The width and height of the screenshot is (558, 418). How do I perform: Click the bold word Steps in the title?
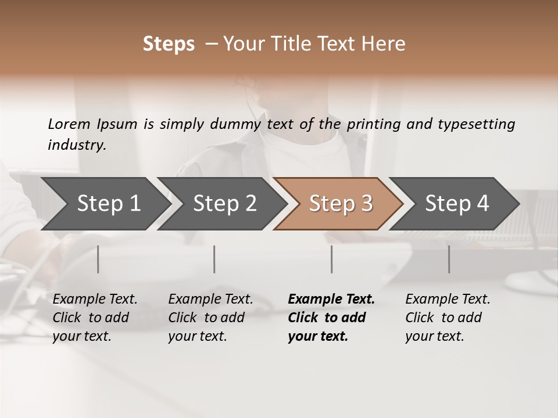coord(169,44)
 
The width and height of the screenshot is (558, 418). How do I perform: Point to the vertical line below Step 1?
coord(98,259)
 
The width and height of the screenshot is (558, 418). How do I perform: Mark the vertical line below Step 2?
coord(214,259)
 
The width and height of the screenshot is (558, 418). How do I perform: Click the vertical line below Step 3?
coord(332,259)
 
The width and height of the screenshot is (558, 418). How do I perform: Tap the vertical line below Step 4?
coord(449,259)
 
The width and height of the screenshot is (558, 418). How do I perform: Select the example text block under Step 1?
coord(95,318)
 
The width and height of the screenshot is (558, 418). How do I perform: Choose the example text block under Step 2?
coord(210,318)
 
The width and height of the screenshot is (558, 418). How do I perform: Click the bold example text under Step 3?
coord(331,318)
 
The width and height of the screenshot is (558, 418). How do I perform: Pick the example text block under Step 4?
coord(448,318)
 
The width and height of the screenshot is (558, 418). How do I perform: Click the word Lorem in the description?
coord(69,124)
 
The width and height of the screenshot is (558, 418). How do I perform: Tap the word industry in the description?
coord(77,145)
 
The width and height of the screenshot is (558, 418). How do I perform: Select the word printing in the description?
coord(375,124)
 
